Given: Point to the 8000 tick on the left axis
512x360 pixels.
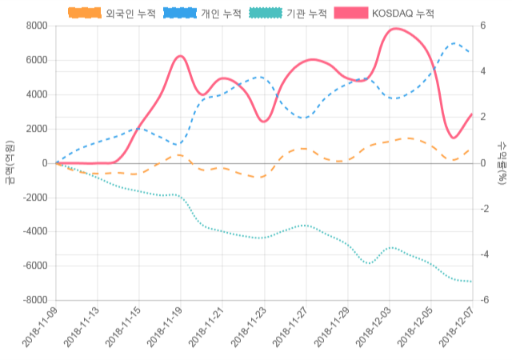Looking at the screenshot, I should point(36,26).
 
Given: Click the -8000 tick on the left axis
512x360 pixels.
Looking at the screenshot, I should point(34,300).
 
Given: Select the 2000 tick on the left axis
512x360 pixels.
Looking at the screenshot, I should point(36,129).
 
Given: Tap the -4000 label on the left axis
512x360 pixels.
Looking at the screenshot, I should point(34,231).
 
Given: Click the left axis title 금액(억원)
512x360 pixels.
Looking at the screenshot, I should point(10,163).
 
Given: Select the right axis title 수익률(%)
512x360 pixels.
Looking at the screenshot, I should point(502,163).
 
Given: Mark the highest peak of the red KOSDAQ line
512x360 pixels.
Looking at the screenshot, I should point(394,29).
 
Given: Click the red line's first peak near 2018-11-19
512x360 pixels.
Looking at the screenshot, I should point(181,56).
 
